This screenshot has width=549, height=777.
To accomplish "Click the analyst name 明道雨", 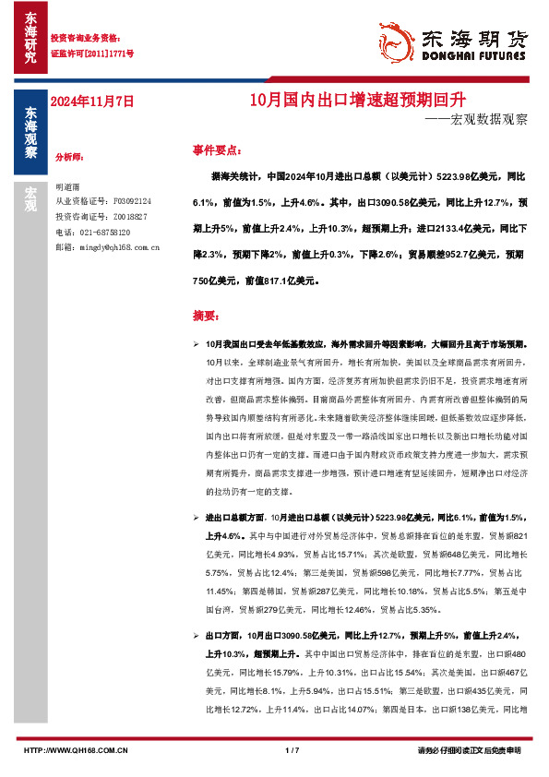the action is point(68,185).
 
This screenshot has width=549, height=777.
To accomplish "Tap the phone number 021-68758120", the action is point(102,233).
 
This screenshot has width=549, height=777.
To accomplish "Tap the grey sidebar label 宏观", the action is point(30,198).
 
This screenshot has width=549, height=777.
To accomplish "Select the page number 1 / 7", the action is point(293,750).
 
